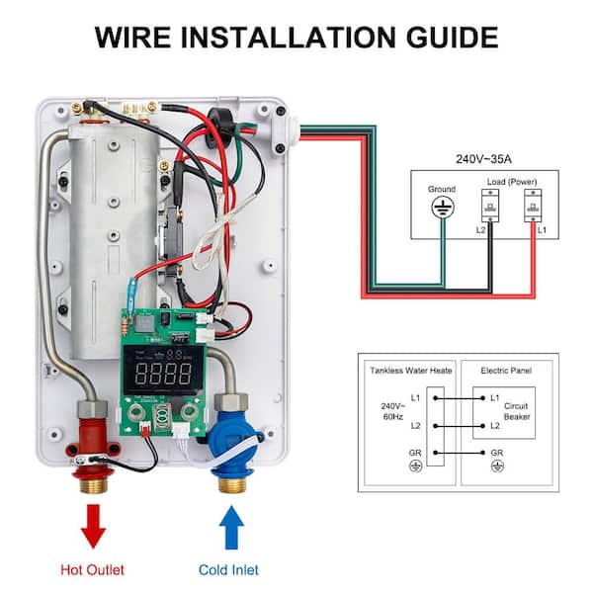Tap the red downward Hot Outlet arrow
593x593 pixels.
(94, 525)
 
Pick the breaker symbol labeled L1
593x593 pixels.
(534, 207)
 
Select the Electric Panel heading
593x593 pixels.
(507, 371)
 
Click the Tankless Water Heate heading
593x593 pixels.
(411, 371)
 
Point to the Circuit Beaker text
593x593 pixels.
(517, 411)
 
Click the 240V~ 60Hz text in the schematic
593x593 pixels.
(390, 412)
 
